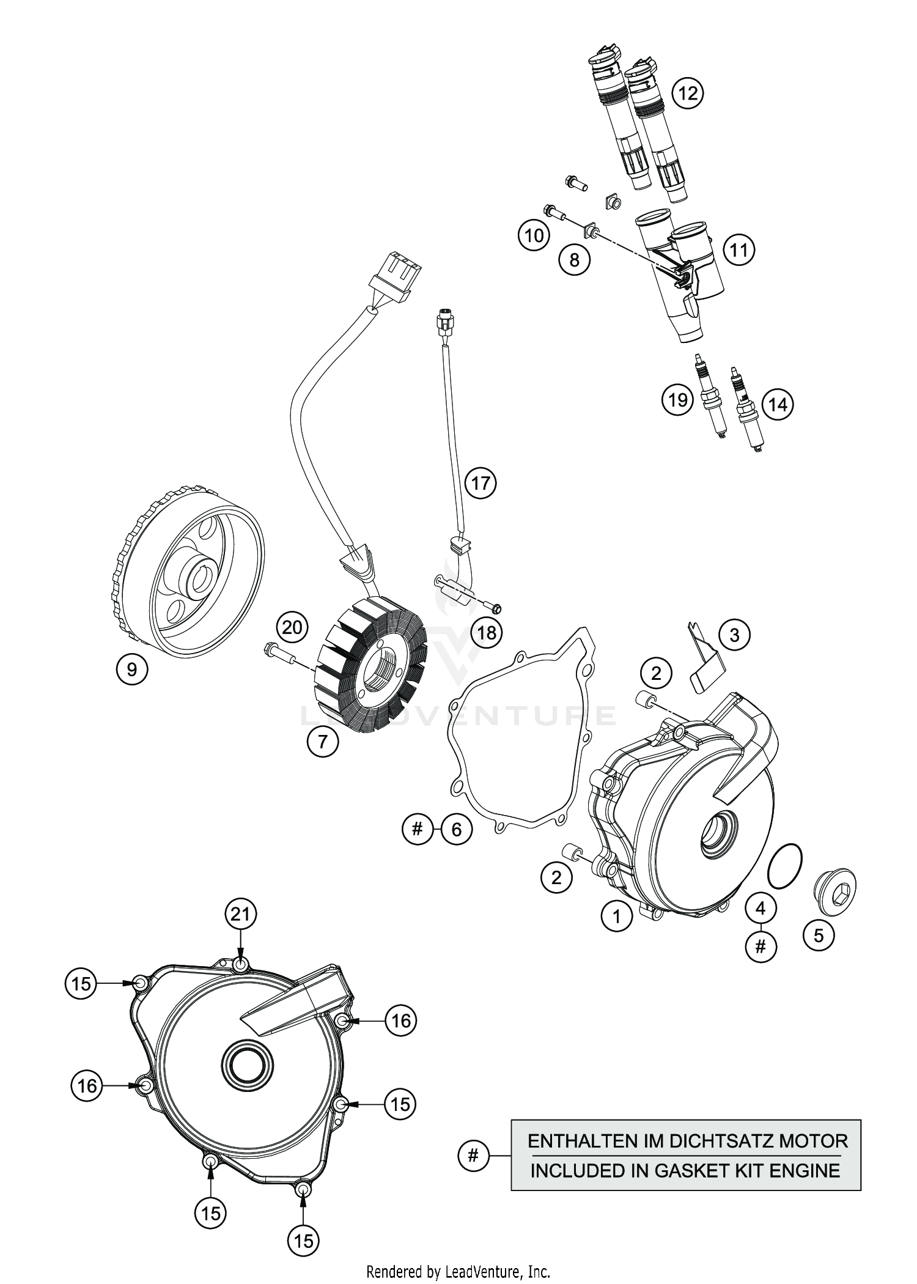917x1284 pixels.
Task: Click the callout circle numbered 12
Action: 688,93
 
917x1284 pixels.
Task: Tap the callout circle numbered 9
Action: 132,670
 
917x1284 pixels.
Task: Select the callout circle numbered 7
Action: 323,742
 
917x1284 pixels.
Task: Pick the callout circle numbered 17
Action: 481,483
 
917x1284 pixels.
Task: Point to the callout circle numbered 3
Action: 734,635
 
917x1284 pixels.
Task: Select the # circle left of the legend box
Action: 473,1156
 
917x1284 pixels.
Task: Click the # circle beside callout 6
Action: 418,829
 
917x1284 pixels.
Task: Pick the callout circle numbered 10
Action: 534,235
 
